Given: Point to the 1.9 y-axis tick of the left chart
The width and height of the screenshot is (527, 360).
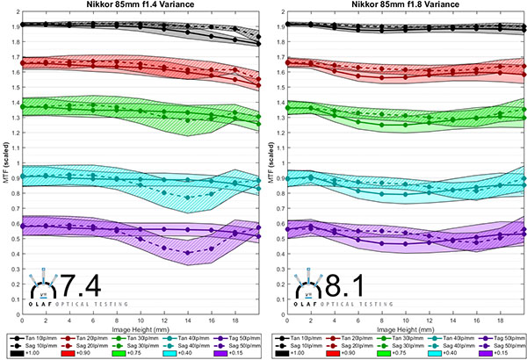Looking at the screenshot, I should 14,25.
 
